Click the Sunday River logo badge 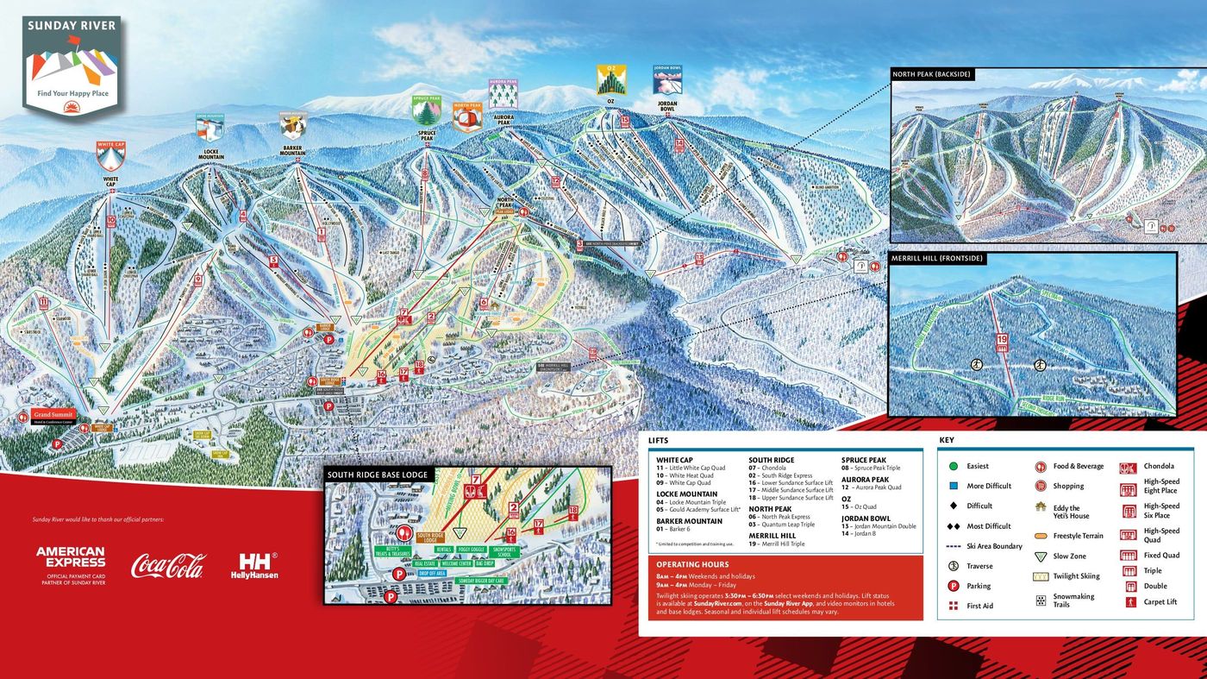tap(72, 66)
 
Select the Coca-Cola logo tap(168, 566)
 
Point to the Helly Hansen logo tap(256, 565)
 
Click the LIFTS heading tap(658, 441)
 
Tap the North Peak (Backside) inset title tap(932, 75)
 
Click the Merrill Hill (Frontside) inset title tap(936, 258)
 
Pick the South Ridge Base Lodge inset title tap(378, 475)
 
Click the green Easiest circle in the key tap(954, 467)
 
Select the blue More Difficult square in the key tap(954, 486)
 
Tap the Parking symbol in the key tap(954, 586)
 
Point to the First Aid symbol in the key tap(954, 606)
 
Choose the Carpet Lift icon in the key tap(1130, 602)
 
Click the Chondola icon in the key tap(1129, 468)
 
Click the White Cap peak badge tap(110, 156)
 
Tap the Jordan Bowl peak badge tap(667, 80)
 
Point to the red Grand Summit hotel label tap(54, 415)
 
